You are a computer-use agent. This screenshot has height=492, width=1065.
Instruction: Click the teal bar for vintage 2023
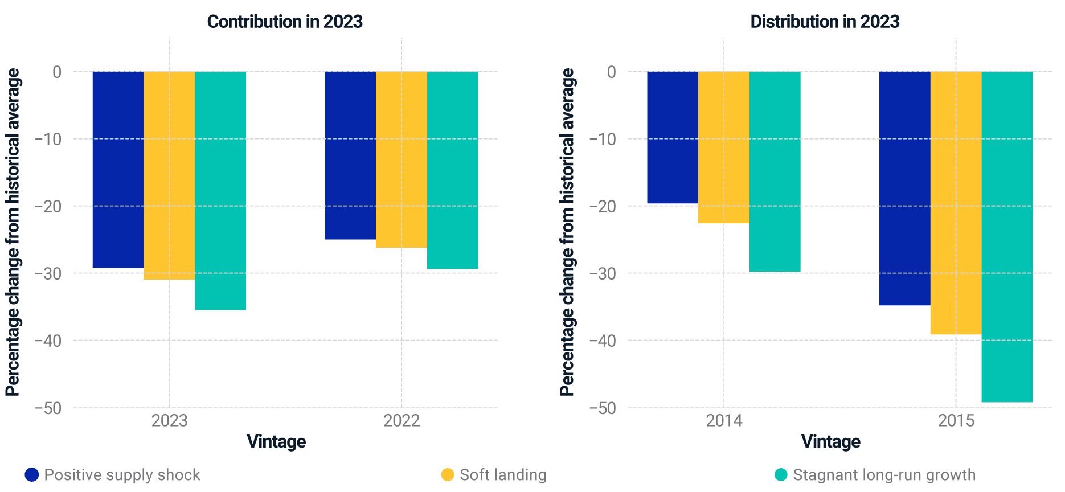coord(220,191)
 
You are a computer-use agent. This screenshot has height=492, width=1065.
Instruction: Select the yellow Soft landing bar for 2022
coord(401,159)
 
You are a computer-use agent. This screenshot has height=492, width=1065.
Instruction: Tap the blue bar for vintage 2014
coord(673,137)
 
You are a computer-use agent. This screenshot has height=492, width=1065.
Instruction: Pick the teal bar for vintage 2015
coord(1007,236)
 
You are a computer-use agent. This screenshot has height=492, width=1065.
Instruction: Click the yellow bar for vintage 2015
coord(956,203)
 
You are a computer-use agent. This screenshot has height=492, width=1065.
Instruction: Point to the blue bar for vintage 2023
coord(118,170)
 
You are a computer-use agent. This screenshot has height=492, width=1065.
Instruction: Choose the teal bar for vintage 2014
coord(775,171)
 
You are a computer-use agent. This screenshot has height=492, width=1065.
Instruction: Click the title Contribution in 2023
coord(285,22)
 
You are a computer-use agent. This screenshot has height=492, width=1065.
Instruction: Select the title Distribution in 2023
coord(825,22)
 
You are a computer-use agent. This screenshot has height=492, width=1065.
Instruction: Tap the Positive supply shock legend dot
coord(32,474)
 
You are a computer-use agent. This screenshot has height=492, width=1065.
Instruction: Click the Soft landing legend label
coord(503,474)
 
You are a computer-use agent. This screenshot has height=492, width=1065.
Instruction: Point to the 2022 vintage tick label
coord(401,421)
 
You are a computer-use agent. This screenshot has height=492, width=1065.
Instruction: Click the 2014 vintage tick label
coord(724,421)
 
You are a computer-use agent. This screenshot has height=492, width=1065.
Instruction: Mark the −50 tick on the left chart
coord(48,408)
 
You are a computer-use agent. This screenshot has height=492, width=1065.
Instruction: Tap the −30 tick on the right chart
coord(603,273)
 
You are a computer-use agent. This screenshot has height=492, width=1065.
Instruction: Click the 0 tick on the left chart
coord(56,72)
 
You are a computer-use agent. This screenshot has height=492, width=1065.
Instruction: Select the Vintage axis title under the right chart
coord(830,441)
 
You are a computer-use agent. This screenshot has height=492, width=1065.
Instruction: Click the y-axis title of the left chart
coord(13,232)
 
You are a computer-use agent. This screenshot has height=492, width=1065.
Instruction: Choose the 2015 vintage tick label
coord(956,421)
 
